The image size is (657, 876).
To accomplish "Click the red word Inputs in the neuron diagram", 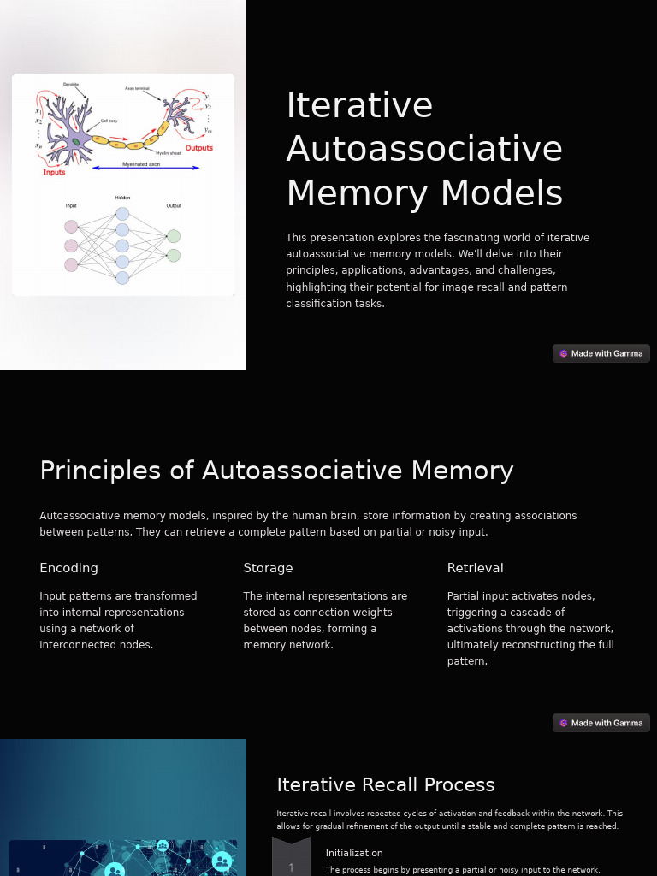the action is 54,172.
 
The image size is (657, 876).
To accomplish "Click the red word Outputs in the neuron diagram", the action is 199,148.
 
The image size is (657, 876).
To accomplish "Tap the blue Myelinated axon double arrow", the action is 145,168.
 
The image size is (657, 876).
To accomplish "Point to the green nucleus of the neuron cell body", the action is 76,141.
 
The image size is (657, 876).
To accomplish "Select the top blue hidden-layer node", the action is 122,214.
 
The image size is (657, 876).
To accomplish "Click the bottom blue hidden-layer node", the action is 122,277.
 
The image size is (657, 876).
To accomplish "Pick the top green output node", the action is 174,236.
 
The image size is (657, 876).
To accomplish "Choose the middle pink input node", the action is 71,246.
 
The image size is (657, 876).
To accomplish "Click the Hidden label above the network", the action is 122,198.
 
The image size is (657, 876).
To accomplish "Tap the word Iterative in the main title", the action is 359,105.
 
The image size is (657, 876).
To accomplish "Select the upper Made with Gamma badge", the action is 601,353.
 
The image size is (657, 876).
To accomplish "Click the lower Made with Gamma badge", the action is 601,723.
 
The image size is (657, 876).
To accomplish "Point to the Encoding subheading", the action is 68,568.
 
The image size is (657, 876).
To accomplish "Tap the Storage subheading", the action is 268,568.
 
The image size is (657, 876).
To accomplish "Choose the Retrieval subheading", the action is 475,568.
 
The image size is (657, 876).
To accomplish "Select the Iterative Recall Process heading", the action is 386,784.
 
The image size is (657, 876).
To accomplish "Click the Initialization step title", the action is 354,853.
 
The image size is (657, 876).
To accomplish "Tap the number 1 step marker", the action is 291,867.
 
